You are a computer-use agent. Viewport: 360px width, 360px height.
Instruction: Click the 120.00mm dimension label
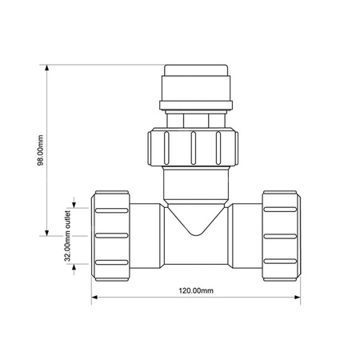(196, 290)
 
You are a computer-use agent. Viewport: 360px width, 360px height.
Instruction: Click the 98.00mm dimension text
(40, 150)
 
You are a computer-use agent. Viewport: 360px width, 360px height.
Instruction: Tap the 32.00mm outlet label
(68, 235)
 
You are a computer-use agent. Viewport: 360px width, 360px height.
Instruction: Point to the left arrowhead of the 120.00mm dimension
(94, 297)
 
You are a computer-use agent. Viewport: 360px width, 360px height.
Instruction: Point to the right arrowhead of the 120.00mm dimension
(298, 297)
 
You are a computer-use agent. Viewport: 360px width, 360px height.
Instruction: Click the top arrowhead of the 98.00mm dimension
(47, 68)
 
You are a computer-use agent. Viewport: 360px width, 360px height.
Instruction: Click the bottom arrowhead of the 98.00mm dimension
(47, 233)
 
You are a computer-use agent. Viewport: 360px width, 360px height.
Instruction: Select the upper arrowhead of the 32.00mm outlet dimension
(74, 205)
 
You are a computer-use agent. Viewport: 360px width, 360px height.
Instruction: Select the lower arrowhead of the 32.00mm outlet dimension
(74, 267)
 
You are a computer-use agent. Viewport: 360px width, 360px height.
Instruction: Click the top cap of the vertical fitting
(196, 70)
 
